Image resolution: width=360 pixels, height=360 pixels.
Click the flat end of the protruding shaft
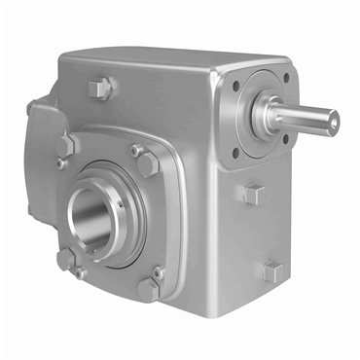click(333, 121)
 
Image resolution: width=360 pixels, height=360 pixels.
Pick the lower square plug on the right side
click(270, 270)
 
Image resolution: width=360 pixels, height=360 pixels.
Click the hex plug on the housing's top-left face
click(99, 89)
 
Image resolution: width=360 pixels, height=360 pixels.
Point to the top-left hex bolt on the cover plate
click(67, 145)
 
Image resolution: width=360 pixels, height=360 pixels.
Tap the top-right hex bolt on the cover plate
click(147, 162)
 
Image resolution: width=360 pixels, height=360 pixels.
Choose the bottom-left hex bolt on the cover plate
click(66, 260)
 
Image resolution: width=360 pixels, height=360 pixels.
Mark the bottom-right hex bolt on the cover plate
click(148, 289)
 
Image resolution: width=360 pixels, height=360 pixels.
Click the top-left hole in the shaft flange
click(236, 86)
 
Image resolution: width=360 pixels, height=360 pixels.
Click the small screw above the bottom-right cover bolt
click(158, 272)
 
